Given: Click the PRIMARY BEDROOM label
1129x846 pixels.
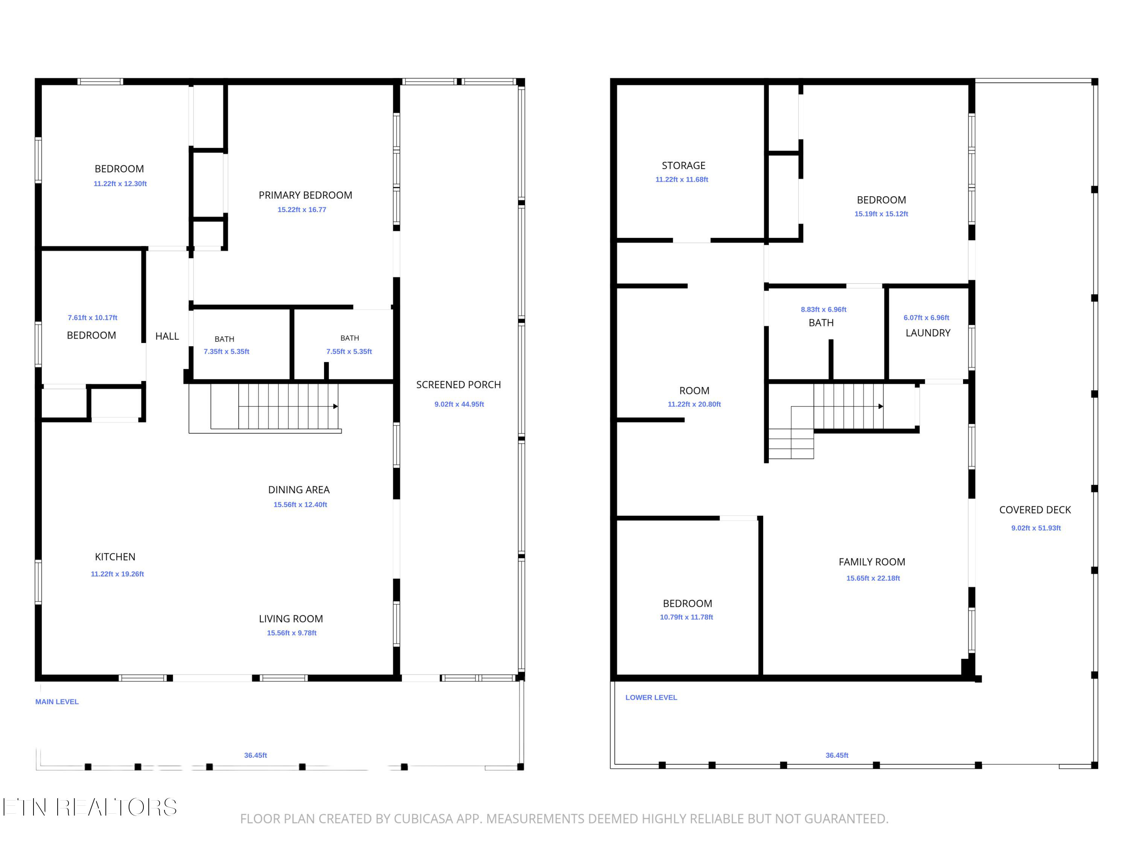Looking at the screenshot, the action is [x=305, y=195].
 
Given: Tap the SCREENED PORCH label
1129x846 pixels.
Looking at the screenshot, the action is [x=458, y=385].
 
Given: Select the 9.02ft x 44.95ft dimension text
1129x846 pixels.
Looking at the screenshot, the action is [x=459, y=404].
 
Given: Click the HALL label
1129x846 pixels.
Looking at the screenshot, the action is [x=167, y=336].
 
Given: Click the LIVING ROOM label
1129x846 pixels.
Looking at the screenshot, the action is [x=291, y=619].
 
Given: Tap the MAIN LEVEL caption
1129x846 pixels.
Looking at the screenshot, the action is [x=57, y=702].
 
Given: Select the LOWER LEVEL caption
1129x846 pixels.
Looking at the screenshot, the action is [x=651, y=697].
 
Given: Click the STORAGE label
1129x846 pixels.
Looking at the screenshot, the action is [x=683, y=166].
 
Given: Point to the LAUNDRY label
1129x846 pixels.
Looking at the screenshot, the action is [x=928, y=333].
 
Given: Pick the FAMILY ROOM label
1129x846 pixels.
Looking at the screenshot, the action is [x=872, y=562].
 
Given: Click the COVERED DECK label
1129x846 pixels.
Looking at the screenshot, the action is [x=1035, y=510].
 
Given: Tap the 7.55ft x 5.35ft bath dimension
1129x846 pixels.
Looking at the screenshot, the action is [x=349, y=351].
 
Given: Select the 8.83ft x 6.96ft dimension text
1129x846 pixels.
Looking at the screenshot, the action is [x=823, y=309].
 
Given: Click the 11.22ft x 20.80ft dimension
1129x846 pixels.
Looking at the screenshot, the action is [x=694, y=404].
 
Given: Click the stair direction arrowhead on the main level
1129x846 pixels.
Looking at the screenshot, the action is [x=335, y=406].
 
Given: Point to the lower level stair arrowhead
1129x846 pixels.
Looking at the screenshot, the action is [x=881, y=406].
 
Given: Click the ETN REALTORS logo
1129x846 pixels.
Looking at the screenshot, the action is [x=90, y=807].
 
